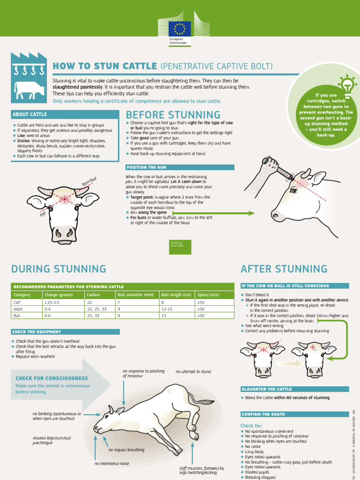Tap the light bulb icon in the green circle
347,85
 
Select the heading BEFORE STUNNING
173,115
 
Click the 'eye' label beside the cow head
43,214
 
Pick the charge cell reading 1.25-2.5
52,302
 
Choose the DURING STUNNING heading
59,269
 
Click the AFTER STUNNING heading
284,269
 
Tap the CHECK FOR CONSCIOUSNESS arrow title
52,378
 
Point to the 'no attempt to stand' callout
193,372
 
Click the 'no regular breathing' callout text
126,450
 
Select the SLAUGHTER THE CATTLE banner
266,389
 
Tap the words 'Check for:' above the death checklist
251,425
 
